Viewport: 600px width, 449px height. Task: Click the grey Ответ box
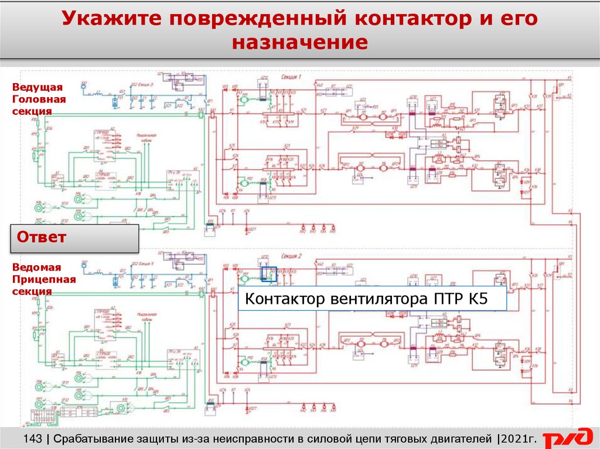(75, 238)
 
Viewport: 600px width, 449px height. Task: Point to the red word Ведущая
(37, 87)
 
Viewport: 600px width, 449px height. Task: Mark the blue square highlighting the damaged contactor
(268, 274)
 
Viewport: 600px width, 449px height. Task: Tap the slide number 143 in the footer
(33, 438)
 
